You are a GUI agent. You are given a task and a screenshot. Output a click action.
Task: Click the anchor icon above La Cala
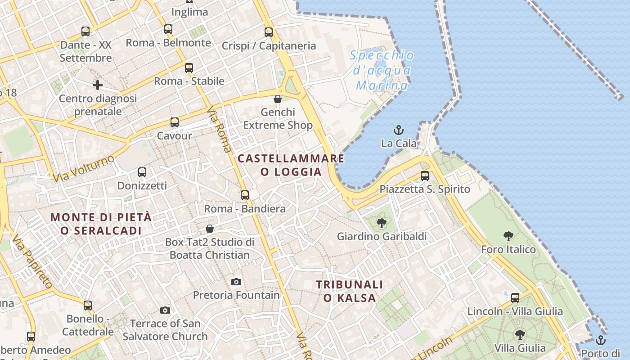[399, 130]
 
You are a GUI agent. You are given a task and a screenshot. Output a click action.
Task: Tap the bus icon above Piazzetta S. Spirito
[425, 176]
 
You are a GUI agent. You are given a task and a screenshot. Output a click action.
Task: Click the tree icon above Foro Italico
[508, 236]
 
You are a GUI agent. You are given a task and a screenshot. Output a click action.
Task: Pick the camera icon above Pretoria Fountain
[236, 282]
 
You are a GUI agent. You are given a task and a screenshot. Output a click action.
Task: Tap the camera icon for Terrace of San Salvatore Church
[165, 310]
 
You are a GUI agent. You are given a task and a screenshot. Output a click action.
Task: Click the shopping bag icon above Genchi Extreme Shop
[278, 99]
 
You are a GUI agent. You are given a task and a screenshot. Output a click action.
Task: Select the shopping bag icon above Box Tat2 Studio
[210, 229]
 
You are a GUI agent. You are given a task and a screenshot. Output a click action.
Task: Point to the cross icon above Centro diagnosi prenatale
[98, 85]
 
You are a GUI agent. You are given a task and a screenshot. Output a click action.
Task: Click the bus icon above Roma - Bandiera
[245, 195]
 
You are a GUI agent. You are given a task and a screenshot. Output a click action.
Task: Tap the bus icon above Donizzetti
[142, 172]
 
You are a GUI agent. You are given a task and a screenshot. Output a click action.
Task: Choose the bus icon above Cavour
[175, 122]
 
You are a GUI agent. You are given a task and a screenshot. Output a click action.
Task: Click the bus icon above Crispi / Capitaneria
[269, 32]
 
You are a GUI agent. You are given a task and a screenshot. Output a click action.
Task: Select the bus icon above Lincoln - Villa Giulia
[515, 297]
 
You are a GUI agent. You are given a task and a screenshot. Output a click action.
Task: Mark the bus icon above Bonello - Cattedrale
[88, 306]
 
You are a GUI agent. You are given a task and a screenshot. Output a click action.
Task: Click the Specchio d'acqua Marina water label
[382, 70]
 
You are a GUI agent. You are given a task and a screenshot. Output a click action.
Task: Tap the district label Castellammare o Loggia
[291, 165]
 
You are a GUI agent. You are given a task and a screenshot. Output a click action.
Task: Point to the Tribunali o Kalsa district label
[349, 291]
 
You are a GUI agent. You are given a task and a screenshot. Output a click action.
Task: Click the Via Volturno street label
[83, 169]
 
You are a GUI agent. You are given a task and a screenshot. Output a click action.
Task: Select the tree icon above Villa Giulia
[520, 335]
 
